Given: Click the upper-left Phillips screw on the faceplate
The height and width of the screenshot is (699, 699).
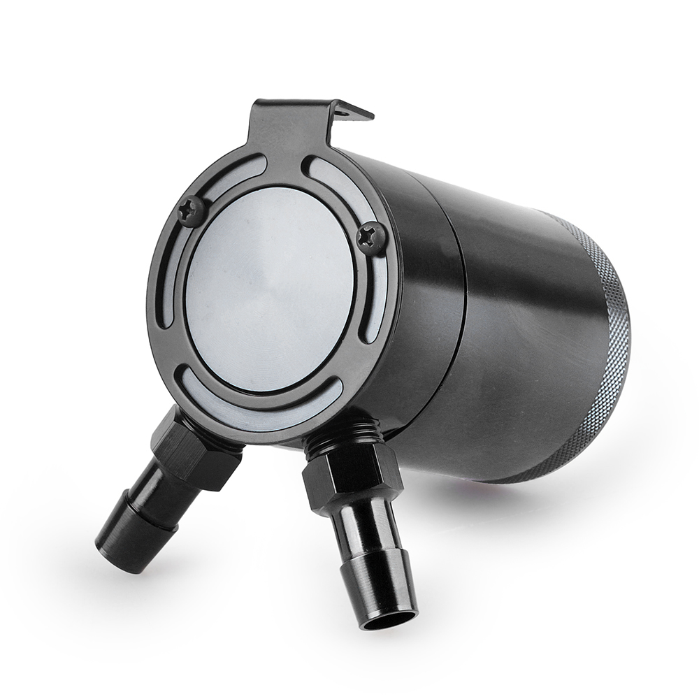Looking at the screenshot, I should coord(191,209).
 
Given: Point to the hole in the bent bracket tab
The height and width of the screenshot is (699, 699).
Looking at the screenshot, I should coord(345,110).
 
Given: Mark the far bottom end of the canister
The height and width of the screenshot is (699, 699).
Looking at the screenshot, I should coord(622,363).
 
